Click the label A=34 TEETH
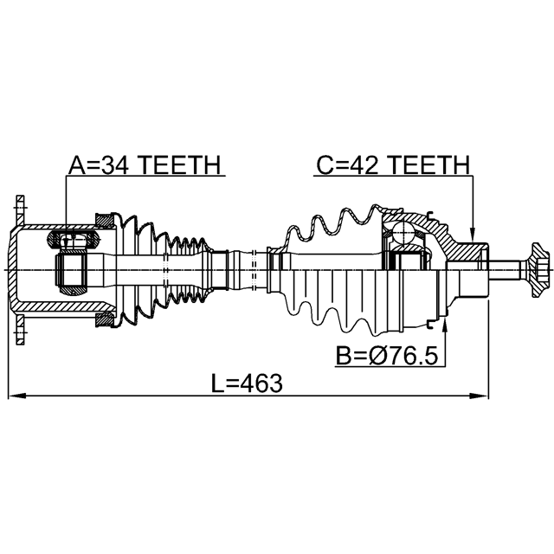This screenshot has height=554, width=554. click(x=145, y=164)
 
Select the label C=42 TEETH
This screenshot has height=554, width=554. click(x=393, y=164)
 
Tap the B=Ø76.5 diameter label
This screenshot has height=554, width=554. click(x=387, y=356)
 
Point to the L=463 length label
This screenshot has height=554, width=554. click(x=247, y=383)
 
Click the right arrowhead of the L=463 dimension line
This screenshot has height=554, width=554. click(x=480, y=396)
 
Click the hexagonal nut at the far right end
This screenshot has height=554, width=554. click(x=538, y=270)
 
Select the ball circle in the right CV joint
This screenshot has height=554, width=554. click(x=403, y=232)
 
